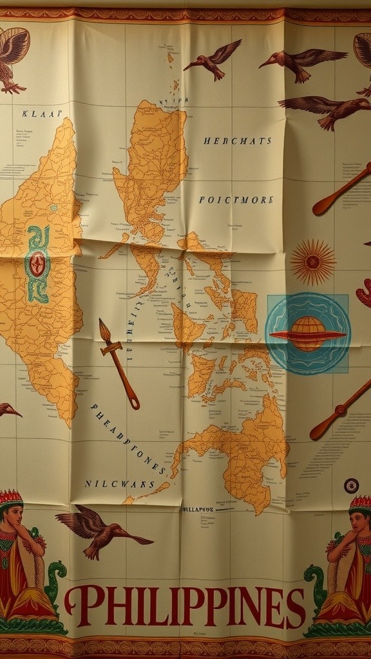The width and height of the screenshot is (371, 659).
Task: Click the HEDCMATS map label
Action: (x=237, y=140)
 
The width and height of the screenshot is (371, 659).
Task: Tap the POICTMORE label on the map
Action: (x=236, y=200)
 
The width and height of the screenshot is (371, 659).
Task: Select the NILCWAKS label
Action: (x=119, y=483)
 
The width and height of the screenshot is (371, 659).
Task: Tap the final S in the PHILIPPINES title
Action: (x=296, y=607)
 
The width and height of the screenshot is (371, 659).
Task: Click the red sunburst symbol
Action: (x=312, y=262)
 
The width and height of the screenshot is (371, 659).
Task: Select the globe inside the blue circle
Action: (x=308, y=333)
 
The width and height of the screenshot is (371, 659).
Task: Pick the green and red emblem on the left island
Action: (x=37, y=264)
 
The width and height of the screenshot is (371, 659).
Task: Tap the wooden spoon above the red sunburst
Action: (x=341, y=189)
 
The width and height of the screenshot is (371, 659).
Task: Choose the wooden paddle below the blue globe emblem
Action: (x=339, y=410)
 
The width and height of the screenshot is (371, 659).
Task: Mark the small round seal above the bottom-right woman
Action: (x=351, y=485)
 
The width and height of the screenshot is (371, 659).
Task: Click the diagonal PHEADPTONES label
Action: (x=129, y=440)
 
